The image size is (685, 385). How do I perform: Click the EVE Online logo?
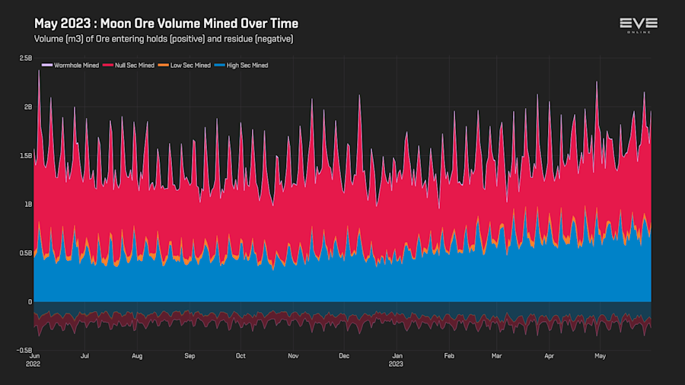(639, 25)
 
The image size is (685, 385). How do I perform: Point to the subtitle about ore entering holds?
(164, 38)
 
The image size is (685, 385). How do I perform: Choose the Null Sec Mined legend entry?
(134, 65)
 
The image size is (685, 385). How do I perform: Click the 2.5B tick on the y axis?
(26, 59)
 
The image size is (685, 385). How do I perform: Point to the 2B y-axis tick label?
(28, 107)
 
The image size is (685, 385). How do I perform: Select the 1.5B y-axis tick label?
(26, 156)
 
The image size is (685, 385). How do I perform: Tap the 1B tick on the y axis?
(28, 205)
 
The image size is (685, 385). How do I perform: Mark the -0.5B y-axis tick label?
(24, 351)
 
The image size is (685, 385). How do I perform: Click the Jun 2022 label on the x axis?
(34, 359)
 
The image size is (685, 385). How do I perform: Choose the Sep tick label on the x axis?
(190, 355)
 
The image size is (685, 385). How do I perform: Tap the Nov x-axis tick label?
(293, 355)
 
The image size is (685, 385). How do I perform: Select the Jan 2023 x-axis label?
(397, 359)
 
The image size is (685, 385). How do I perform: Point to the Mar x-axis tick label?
(497, 355)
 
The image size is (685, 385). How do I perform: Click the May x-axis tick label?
(601, 355)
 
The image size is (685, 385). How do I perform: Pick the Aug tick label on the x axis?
(137, 355)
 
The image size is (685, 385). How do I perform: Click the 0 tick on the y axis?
(30, 302)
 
